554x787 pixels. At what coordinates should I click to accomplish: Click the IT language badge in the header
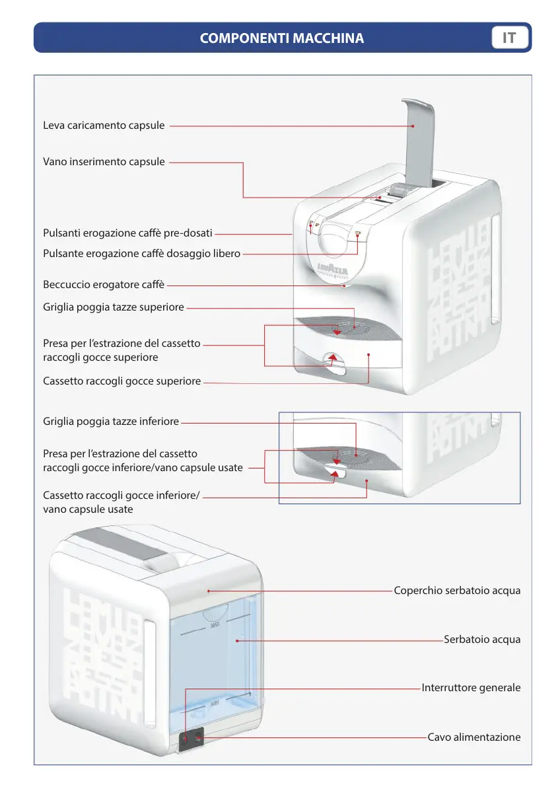509,38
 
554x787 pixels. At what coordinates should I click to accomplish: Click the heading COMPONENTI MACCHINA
282,38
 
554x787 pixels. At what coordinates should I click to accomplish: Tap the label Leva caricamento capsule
104,125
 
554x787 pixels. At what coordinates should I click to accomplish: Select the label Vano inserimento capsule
104,161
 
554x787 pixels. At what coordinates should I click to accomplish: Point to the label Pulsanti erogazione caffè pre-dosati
127,233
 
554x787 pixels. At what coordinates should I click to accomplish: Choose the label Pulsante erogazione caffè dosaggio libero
141,253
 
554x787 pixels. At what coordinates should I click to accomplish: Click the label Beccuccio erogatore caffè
104,285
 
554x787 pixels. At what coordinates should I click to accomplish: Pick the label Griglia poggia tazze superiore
114,307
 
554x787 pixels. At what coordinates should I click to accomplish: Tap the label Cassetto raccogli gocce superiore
121,381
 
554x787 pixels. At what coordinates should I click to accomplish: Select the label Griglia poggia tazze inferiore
111,422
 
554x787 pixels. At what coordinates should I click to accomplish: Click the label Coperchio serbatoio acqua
457,590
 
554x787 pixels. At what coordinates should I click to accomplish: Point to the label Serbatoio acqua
482,639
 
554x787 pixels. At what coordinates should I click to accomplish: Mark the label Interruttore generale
471,688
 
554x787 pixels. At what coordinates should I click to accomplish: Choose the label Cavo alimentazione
474,737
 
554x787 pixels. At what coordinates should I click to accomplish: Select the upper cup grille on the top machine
347,327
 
